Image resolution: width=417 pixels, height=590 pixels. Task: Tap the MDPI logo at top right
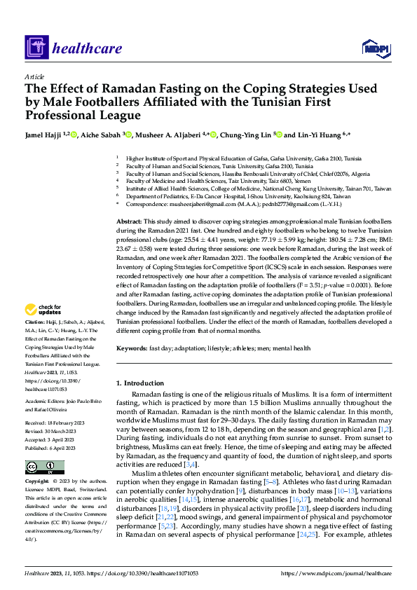376,48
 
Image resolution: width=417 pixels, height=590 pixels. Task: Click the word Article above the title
34,76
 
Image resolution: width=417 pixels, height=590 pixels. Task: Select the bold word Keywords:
133,348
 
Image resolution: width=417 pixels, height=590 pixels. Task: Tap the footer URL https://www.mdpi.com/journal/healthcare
340,573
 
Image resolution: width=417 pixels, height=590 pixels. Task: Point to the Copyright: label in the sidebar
37,481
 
